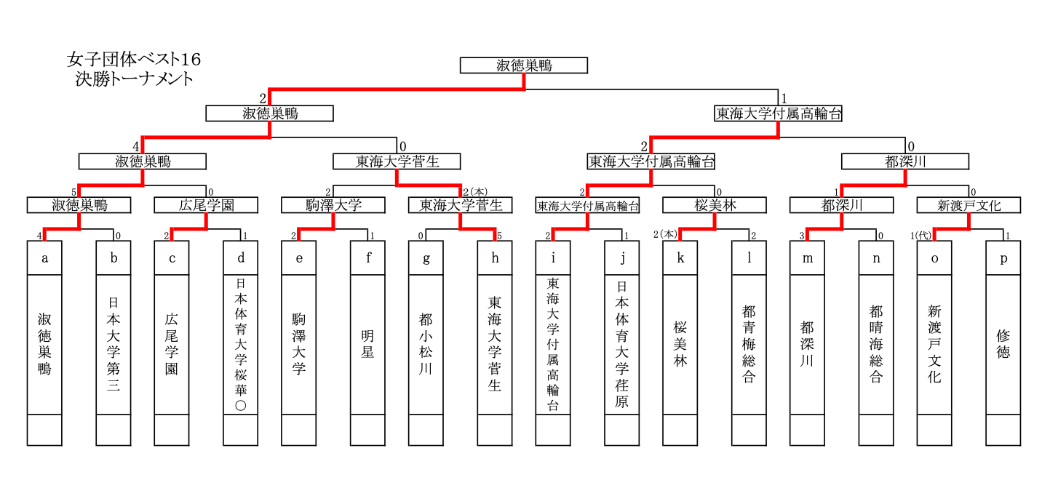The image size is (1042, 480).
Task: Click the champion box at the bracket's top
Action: click(x=523, y=65)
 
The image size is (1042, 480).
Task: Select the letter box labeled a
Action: click(x=44, y=258)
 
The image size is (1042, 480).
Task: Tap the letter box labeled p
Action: click(x=1003, y=258)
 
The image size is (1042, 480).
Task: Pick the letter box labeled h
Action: click(x=495, y=258)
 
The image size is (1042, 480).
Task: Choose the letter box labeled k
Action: click(x=680, y=258)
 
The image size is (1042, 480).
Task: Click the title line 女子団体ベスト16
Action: click(x=133, y=59)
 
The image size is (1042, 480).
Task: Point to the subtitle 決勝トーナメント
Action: click(x=134, y=79)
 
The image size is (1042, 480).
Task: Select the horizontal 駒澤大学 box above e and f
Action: click(x=333, y=205)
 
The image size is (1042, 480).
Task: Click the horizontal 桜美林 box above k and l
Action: click(x=715, y=205)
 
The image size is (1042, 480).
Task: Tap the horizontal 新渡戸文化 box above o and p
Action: click(x=969, y=205)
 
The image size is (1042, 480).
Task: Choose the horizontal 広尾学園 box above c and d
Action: click(x=207, y=205)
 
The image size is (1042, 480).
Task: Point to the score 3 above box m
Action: click(x=801, y=235)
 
